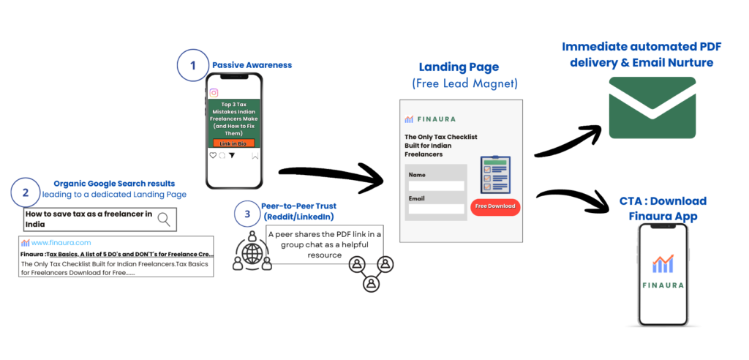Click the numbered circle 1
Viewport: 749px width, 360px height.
pyautogui.click(x=193, y=65)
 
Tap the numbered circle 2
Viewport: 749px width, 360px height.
pyautogui.click(x=26, y=193)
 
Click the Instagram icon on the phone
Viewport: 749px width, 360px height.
pyautogui.click(x=214, y=93)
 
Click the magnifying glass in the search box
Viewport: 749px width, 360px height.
pyautogui.click(x=165, y=218)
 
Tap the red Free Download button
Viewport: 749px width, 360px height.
pyautogui.click(x=495, y=206)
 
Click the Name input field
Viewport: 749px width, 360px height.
pyautogui.click(x=437, y=186)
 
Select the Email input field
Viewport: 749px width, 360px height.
pyautogui.click(x=437, y=209)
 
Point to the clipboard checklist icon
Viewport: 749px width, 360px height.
pyautogui.click(x=495, y=175)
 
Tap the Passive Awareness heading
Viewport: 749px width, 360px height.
pyautogui.click(x=252, y=65)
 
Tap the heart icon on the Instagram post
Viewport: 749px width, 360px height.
pyautogui.click(x=213, y=155)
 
